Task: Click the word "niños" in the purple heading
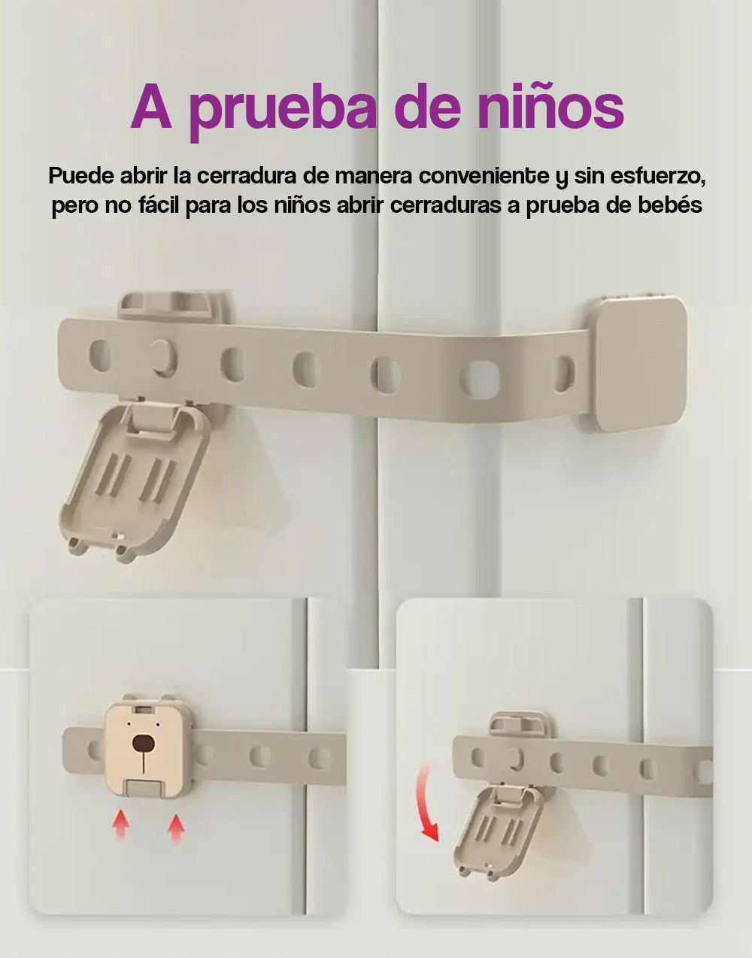point(550,108)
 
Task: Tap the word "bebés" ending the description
point(669,205)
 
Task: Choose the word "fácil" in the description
point(157,205)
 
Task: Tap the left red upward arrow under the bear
point(121,825)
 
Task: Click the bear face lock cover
point(144,748)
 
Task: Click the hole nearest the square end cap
point(564,373)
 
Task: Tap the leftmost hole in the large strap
point(99,355)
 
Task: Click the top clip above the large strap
point(174,306)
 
